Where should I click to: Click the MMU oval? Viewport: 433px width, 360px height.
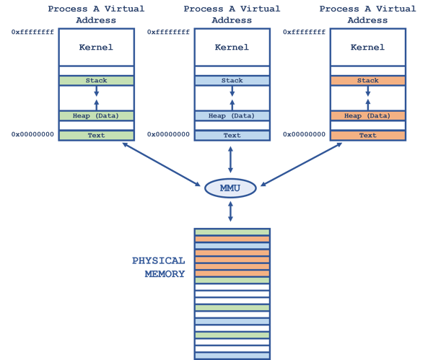[231, 188]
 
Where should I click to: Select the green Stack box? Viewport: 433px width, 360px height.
[96, 81]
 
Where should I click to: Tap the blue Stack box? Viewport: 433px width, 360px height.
[232, 81]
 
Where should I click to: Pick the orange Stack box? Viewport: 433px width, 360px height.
[367, 81]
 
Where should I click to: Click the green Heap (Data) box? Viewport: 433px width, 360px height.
[96, 115]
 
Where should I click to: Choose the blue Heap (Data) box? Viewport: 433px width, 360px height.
[232, 115]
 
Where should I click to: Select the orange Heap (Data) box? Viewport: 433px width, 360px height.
[367, 115]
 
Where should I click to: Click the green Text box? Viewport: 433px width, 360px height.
[96, 135]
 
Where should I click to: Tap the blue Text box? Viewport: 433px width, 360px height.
[232, 135]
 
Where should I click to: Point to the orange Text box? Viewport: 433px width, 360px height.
[367, 135]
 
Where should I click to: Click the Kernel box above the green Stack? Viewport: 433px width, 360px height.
[96, 48]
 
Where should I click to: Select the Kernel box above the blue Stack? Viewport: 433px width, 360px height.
[232, 48]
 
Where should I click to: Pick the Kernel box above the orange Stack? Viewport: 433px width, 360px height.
[367, 48]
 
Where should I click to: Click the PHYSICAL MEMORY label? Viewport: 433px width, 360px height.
[159, 267]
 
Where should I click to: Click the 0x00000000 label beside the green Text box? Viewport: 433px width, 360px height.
[33, 134]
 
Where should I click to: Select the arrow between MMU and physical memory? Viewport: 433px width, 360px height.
[231, 211]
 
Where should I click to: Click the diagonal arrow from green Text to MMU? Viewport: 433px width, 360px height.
[162, 164]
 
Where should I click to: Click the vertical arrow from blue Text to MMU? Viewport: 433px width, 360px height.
[231, 159]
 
